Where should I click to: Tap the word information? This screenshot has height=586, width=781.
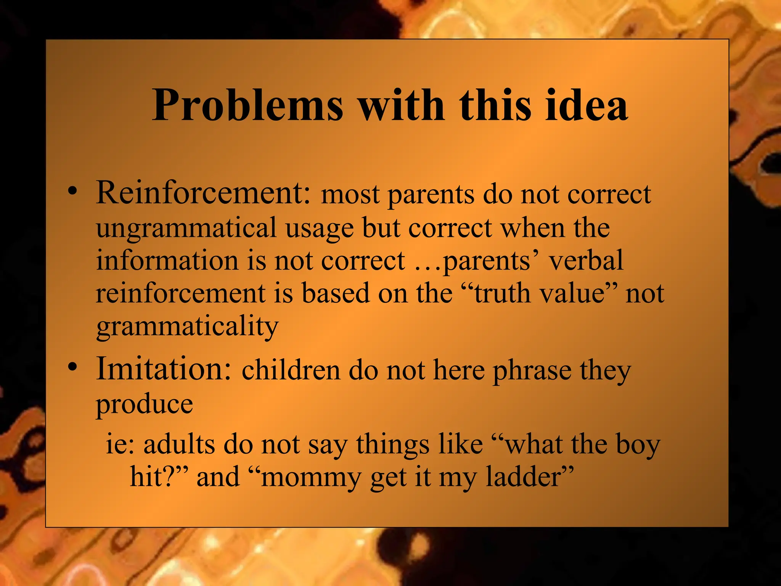coord(167,261)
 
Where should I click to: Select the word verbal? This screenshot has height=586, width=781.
coord(586,261)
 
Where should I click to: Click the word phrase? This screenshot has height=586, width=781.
coord(532,371)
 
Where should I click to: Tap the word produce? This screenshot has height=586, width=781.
coord(145,404)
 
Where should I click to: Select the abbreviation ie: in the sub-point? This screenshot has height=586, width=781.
coord(120,444)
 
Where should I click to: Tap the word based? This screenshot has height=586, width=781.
coord(336,293)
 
